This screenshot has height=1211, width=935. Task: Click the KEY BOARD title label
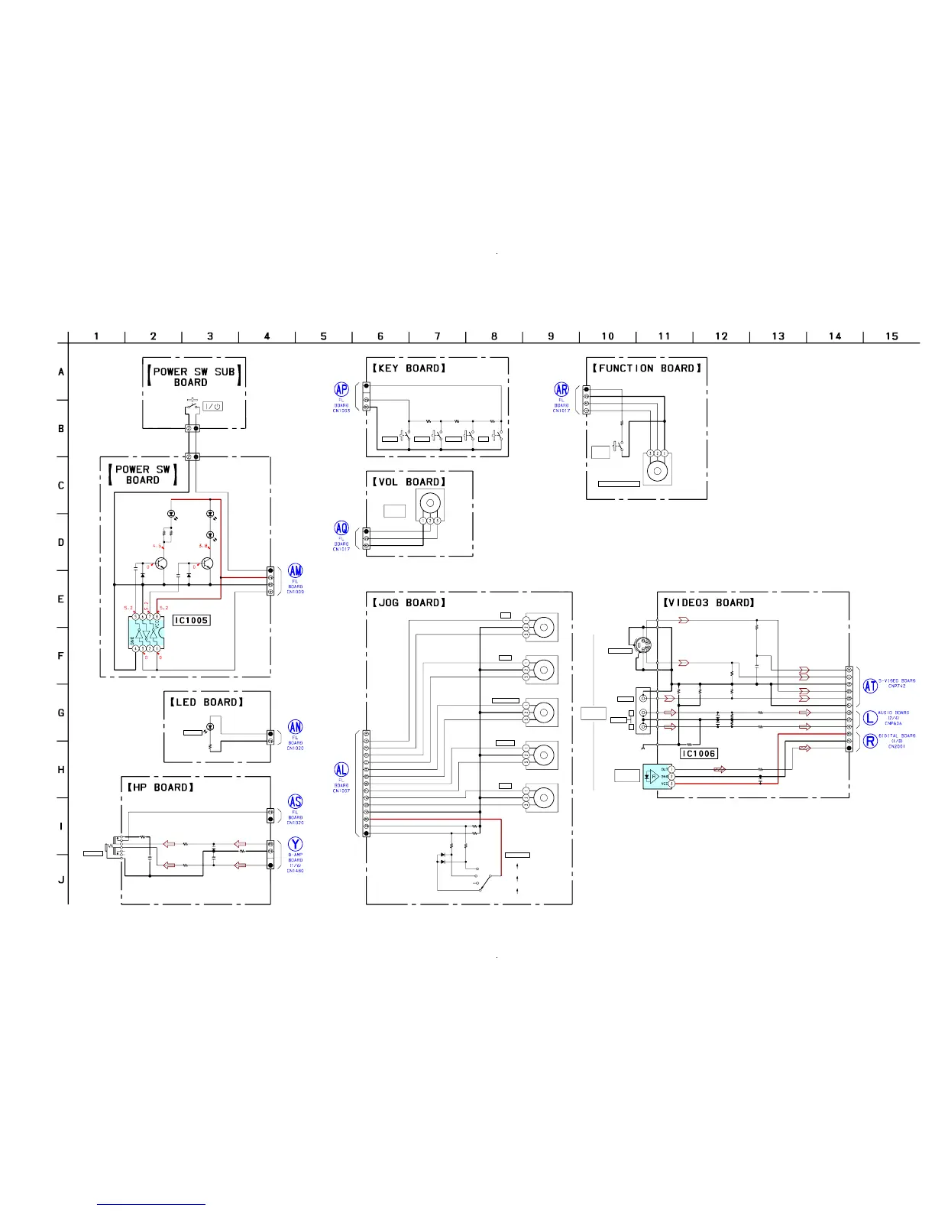click(x=407, y=368)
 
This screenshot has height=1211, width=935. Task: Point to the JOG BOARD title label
click(x=407, y=603)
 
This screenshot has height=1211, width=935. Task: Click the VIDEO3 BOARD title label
click(x=710, y=603)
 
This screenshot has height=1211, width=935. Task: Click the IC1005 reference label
click(x=191, y=621)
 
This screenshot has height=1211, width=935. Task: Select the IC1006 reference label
click(x=699, y=754)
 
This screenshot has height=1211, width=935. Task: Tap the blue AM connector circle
click(x=295, y=571)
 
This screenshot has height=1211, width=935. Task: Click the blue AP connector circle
click(x=341, y=390)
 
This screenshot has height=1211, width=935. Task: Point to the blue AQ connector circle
click(x=341, y=528)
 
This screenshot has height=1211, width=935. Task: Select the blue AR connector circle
click(x=561, y=390)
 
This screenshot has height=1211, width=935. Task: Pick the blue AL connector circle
click(x=341, y=769)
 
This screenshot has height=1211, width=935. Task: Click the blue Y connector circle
click(x=295, y=845)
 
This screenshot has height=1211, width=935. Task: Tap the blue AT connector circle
click(x=870, y=686)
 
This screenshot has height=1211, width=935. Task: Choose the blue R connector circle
click(x=870, y=741)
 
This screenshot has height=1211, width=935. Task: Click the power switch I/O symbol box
click(x=213, y=406)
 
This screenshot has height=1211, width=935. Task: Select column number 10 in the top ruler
click(x=607, y=336)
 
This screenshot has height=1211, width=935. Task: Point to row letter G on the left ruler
click(x=61, y=713)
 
